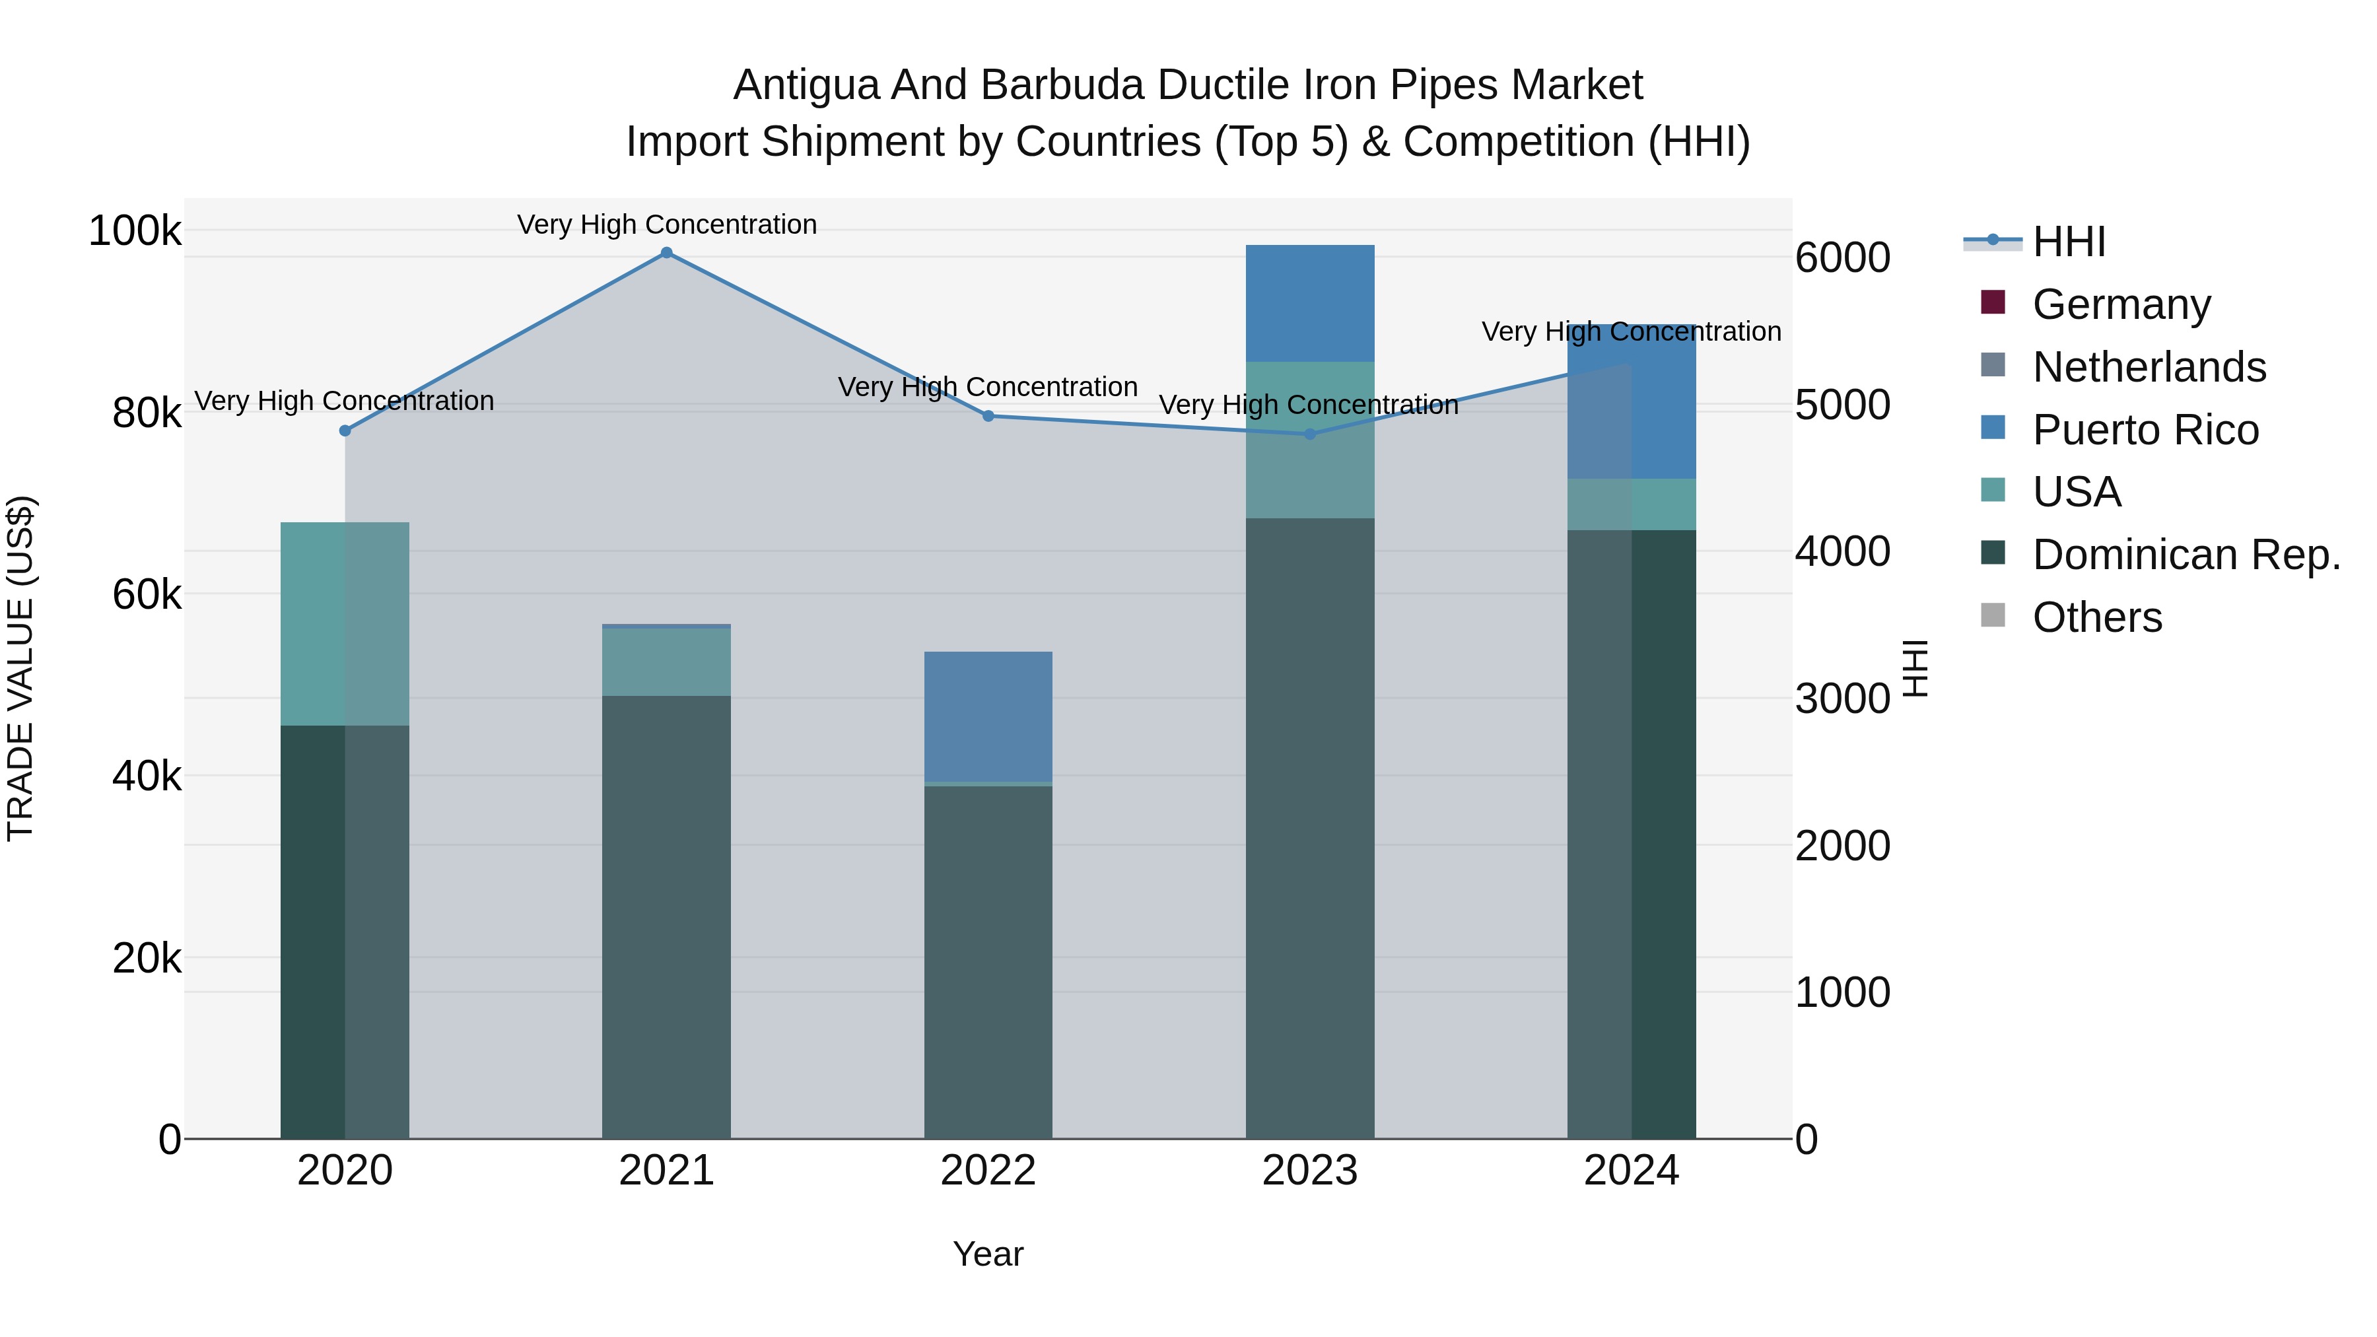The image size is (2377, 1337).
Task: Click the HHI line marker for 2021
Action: [x=666, y=253]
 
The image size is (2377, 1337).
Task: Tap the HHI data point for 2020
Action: [x=345, y=431]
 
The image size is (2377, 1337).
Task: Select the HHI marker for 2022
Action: [x=988, y=416]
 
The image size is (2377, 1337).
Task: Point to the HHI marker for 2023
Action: [x=1309, y=434]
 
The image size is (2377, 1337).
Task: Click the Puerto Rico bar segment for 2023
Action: [x=1309, y=302]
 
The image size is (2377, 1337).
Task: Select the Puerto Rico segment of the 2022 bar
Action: [x=988, y=716]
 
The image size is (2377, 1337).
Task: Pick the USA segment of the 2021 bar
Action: [x=666, y=662]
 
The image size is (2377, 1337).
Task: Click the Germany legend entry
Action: [x=2120, y=304]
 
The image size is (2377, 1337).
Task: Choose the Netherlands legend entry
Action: [x=2148, y=367]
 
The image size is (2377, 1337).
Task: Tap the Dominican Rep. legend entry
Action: [x=2185, y=555]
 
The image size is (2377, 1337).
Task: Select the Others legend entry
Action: [x=2096, y=617]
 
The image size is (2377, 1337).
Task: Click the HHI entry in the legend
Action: [x=2069, y=242]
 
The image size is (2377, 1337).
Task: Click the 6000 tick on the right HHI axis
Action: [x=1842, y=257]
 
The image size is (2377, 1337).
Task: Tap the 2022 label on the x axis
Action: [x=988, y=1171]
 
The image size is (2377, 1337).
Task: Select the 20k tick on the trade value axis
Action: [x=147, y=959]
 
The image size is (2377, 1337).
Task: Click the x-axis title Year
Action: [x=988, y=1254]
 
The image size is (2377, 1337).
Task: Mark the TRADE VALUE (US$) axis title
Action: [x=20, y=668]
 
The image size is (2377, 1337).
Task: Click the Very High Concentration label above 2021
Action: [x=666, y=224]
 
